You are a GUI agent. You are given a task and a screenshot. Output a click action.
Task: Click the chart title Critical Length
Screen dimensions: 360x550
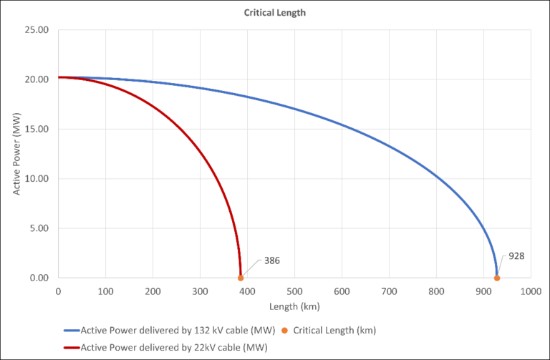point(275,13)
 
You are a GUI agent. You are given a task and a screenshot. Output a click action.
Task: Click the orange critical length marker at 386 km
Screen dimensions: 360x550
point(241,278)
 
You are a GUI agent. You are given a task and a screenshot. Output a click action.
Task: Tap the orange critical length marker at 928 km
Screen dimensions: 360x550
point(496,278)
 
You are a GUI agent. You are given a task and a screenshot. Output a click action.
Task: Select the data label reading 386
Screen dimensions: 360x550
point(272,260)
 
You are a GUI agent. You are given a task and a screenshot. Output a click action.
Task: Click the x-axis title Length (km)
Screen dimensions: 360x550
point(294,306)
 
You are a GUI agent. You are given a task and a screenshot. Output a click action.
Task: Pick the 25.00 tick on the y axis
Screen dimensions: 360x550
point(37,30)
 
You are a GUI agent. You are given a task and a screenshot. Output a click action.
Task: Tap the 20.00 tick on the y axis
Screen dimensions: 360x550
point(37,79)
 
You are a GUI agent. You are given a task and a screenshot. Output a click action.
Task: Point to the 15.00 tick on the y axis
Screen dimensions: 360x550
point(37,129)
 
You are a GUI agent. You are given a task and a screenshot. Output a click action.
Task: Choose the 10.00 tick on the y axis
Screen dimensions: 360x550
point(37,179)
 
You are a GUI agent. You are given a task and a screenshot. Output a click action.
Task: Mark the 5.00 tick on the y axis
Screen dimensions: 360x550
point(39,228)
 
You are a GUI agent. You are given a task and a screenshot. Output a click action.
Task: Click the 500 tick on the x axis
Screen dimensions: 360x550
point(294,291)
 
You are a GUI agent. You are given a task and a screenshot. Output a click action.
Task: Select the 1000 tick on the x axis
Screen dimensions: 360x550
point(531,291)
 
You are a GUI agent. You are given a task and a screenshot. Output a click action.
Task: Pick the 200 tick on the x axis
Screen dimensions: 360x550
point(153,291)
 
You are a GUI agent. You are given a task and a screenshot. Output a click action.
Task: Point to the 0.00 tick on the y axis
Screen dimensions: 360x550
point(39,278)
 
